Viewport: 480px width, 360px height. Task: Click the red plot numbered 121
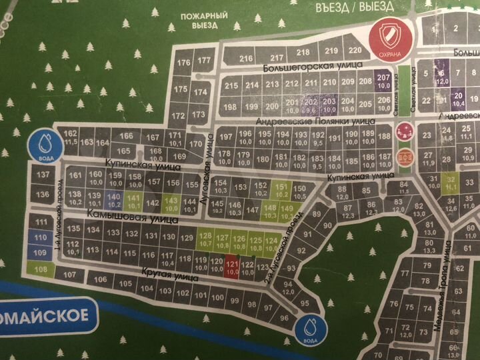232,266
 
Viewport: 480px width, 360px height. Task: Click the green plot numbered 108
41,269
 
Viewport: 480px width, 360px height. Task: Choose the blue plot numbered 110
41,237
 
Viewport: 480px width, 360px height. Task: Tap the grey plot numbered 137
43,175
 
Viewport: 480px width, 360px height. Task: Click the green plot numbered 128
205,241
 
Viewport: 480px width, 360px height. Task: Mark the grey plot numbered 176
184,63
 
